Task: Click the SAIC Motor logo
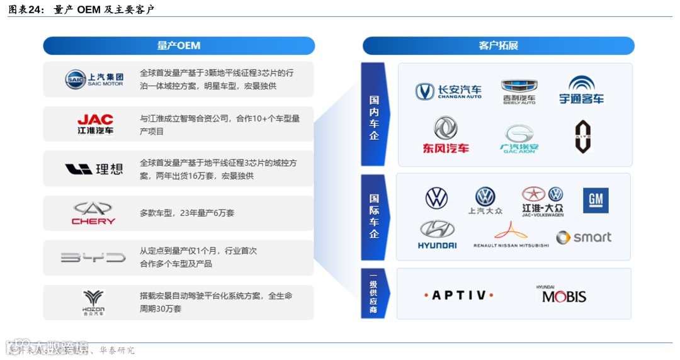pyautogui.click(x=94, y=79)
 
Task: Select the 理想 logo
pyautogui.click(x=94, y=169)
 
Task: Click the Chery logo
pyautogui.click(x=93, y=213)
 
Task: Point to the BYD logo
pyautogui.click(x=93, y=257)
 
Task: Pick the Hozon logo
pyautogui.click(x=93, y=302)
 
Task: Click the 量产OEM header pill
pyautogui.click(x=179, y=46)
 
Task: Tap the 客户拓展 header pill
pyautogui.click(x=498, y=46)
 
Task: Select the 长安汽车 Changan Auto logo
pyautogui.click(x=448, y=92)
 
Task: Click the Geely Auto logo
pyautogui.click(x=519, y=91)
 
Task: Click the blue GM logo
pyautogui.click(x=595, y=201)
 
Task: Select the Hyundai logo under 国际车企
pyautogui.click(x=438, y=234)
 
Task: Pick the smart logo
pyautogui.click(x=584, y=237)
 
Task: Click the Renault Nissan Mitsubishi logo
pyautogui.click(x=511, y=234)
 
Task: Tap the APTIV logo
pyautogui.click(x=458, y=295)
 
